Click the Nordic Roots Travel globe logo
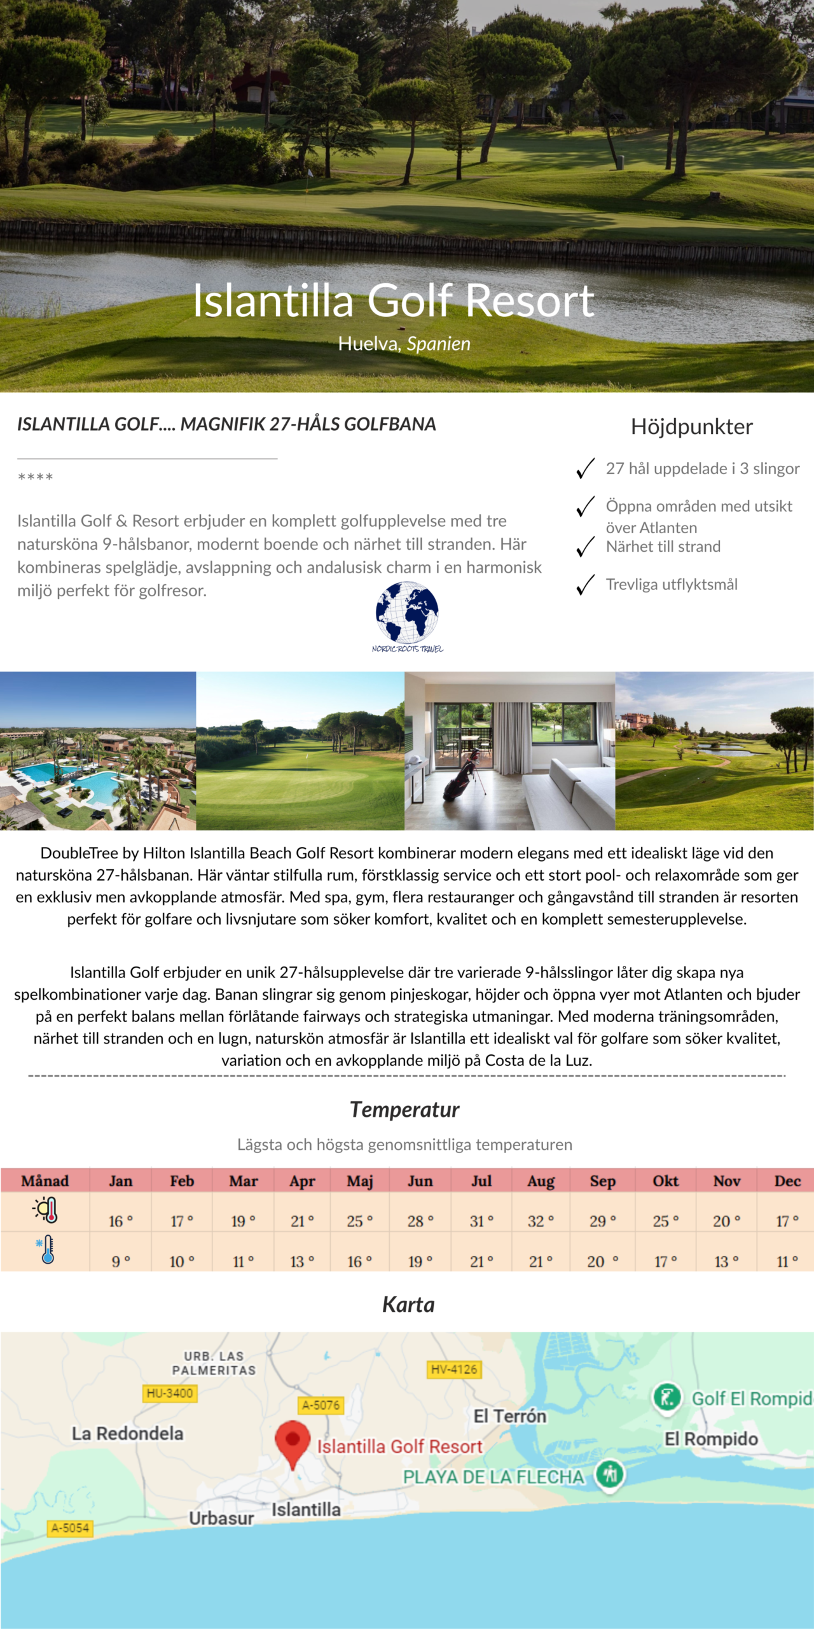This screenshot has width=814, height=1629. click(x=407, y=613)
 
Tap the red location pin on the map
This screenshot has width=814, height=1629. click(x=293, y=1441)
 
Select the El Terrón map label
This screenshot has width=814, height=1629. click(x=510, y=1416)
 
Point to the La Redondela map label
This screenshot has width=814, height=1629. click(x=127, y=1433)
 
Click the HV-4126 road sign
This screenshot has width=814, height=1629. click(x=453, y=1369)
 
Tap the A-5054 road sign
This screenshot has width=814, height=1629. click(x=70, y=1528)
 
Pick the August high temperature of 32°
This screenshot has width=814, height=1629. click(x=541, y=1221)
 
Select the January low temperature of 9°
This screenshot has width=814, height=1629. click(x=121, y=1261)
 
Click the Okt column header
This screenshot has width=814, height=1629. click(x=665, y=1181)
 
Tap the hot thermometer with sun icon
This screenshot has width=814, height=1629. click(x=46, y=1210)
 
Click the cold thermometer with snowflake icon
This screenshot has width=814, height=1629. click(x=46, y=1250)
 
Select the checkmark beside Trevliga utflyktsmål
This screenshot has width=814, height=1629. click(x=585, y=585)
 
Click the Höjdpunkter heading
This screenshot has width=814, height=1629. click(x=691, y=426)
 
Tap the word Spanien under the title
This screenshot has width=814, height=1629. click(x=438, y=344)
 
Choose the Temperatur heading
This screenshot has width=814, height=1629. click(x=404, y=1110)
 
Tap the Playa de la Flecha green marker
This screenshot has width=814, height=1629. click(x=610, y=1474)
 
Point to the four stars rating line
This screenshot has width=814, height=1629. click(x=36, y=477)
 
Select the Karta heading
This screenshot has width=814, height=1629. click(x=408, y=1305)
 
